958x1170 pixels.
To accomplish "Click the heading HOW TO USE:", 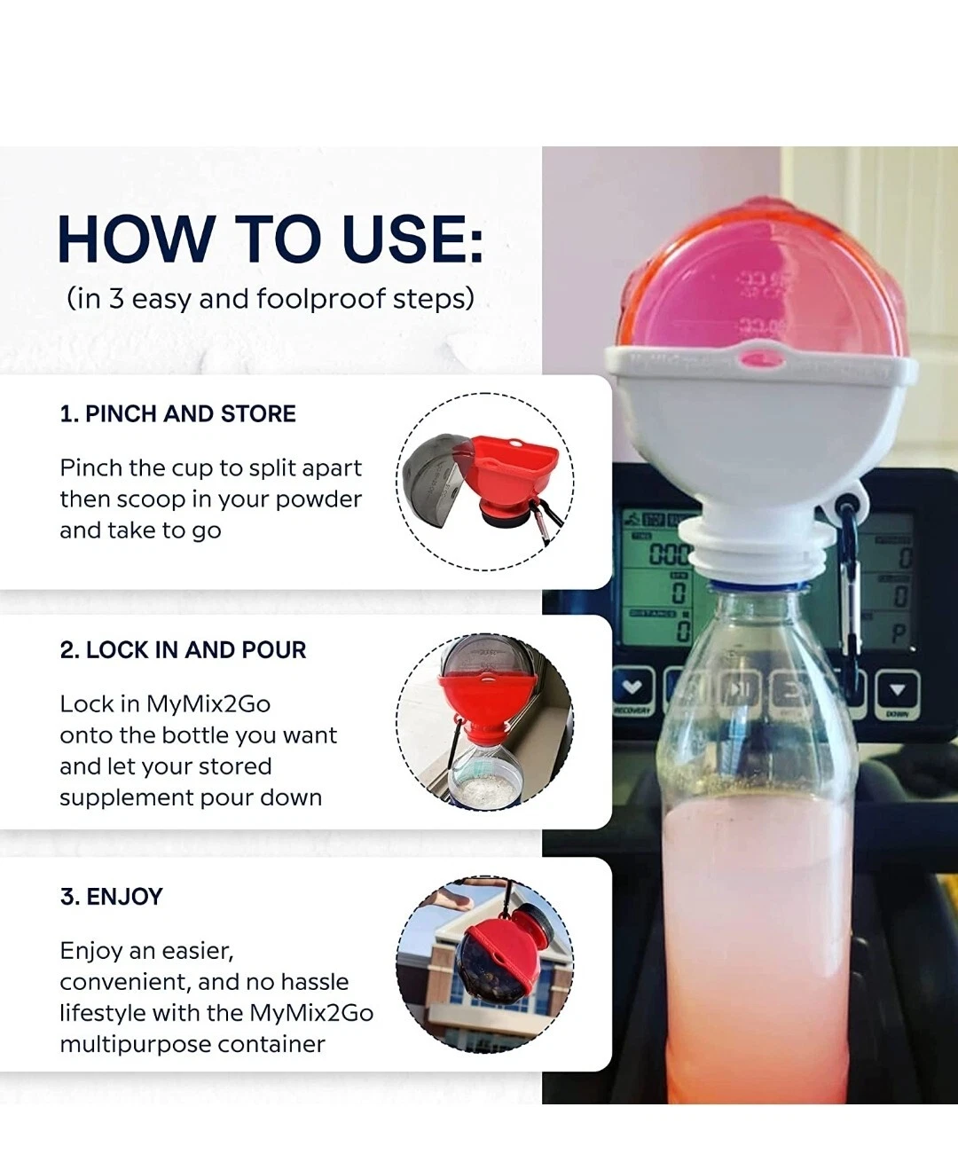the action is click(x=271, y=239).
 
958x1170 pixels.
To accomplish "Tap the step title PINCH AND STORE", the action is click(x=178, y=414).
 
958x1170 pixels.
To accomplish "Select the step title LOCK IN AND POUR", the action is click(x=183, y=650).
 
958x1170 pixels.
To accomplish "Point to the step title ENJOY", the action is click(x=112, y=897).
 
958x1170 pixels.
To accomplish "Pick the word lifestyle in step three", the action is click(x=102, y=1014).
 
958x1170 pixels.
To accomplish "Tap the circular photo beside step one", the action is click(x=485, y=482).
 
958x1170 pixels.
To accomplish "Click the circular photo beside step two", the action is click(x=485, y=722).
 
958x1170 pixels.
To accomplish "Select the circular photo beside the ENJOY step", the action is click(x=485, y=965).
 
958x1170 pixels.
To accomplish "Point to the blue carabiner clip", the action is click(x=850, y=577).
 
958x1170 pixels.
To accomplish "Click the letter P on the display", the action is click(x=899, y=633).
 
